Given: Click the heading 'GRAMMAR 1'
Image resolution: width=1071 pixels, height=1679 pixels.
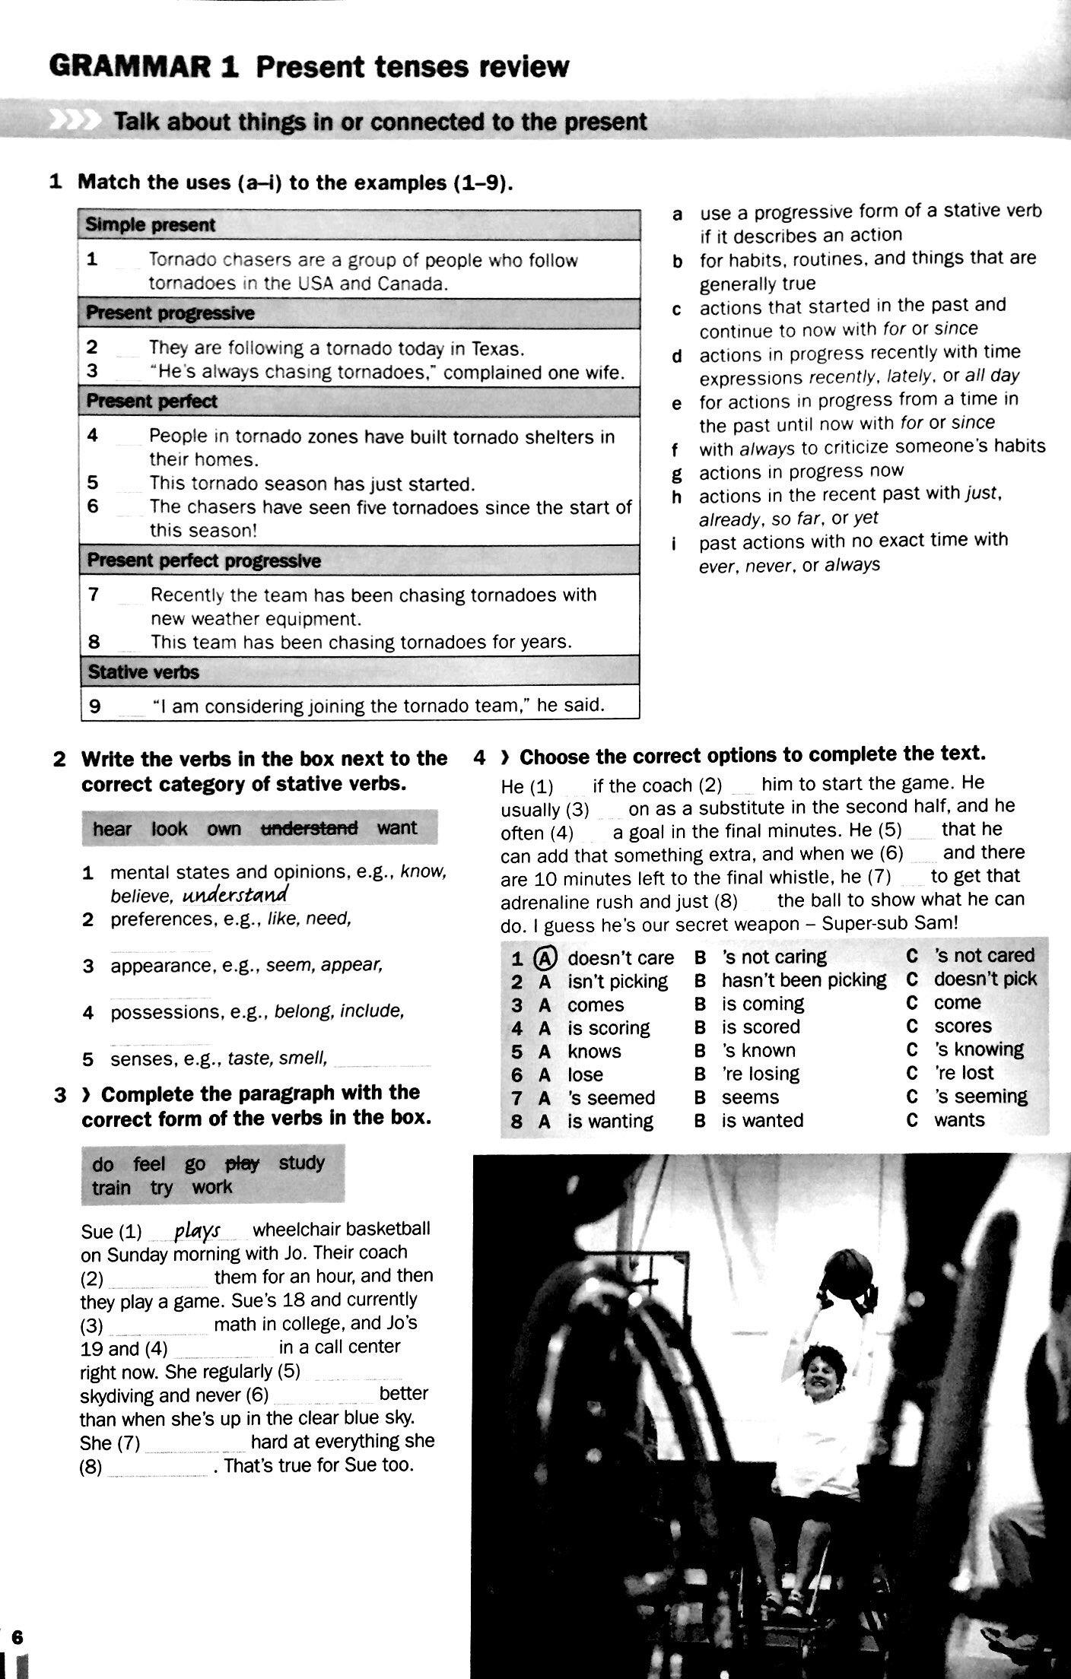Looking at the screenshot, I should tap(144, 66).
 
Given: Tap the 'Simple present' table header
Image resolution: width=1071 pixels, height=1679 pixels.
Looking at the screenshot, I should tap(150, 225).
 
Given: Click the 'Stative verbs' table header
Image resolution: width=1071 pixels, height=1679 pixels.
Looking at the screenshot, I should tap(143, 672).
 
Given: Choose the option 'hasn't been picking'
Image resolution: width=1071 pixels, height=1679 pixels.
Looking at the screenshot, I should tap(803, 980).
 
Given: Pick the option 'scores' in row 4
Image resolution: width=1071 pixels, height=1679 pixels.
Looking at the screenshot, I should tap(962, 1027).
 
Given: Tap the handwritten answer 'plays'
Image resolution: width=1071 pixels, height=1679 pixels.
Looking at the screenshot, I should tap(197, 1230).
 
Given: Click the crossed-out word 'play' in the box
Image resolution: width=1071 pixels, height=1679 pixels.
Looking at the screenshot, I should tap(243, 1163).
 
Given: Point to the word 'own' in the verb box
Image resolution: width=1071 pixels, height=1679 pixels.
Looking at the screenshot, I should tap(224, 829).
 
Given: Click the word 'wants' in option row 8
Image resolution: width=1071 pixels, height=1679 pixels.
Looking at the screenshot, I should tap(958, 1120).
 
